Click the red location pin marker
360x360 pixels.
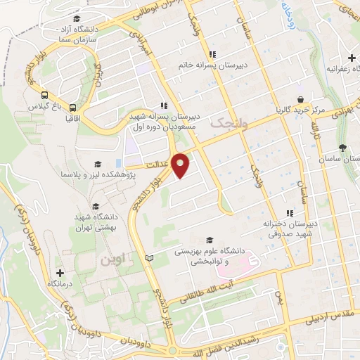[181, 165]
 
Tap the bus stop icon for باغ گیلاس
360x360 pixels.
[44, 95]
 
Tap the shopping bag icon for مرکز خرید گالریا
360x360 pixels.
[300, 100]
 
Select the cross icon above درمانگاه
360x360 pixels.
[60, 273]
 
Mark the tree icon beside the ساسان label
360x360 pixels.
[342, 148]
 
